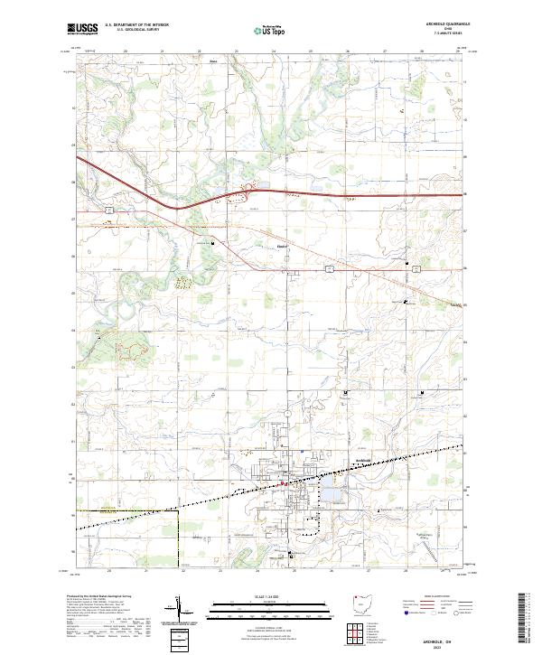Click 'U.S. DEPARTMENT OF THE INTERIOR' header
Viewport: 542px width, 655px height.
(134, 26)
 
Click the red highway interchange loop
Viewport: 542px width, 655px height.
(238, 192)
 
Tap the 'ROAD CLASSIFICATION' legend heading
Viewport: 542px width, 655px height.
(436, 596)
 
